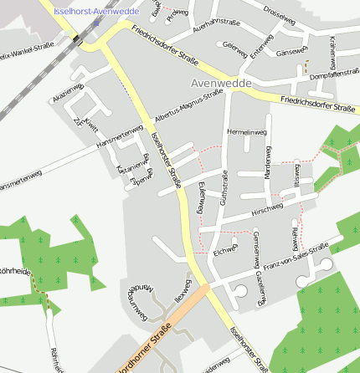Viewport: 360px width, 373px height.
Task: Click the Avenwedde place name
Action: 222,84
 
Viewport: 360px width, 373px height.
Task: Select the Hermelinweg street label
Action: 246,132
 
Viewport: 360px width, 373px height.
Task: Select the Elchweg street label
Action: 226,249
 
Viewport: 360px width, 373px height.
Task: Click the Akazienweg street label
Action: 68,93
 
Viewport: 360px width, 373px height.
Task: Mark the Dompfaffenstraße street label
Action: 334,74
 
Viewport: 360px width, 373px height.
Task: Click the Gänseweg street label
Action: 291,52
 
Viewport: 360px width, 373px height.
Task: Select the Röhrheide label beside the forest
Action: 15,271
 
